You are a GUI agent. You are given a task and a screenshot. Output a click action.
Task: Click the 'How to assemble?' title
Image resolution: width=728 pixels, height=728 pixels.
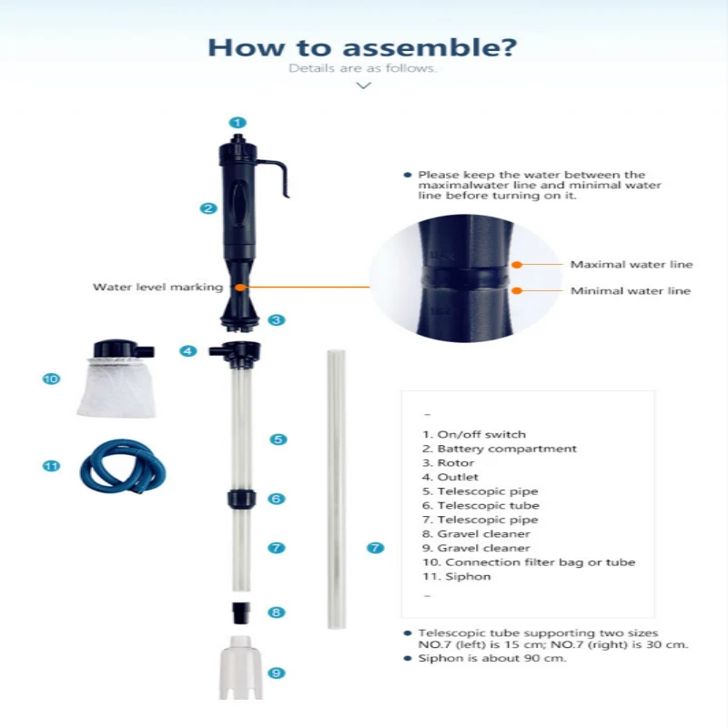(363, 47)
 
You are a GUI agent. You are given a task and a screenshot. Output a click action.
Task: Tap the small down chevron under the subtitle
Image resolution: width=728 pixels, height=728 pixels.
(363, 86)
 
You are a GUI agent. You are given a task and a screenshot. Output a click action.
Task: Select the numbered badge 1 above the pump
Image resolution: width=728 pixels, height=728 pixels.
(238, 122)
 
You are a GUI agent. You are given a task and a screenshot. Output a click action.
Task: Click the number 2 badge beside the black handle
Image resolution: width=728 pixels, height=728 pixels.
(208, 208)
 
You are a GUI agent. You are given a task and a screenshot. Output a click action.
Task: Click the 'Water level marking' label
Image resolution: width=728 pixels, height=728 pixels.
(157, 287)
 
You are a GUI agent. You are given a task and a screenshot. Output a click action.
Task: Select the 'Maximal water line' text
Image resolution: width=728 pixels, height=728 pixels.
(631, 265)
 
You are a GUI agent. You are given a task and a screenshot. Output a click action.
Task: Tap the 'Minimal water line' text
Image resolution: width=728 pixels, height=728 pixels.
(630, 291)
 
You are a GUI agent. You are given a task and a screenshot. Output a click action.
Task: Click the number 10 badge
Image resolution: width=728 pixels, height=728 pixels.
(51, 378)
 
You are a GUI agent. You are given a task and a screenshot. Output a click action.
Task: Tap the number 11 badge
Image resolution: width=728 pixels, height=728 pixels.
(51, 465)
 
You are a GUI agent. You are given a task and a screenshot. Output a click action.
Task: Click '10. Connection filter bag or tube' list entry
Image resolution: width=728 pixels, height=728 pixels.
(528, 562)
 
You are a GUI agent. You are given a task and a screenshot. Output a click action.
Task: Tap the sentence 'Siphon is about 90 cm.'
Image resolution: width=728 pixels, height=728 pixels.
(491, 658)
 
